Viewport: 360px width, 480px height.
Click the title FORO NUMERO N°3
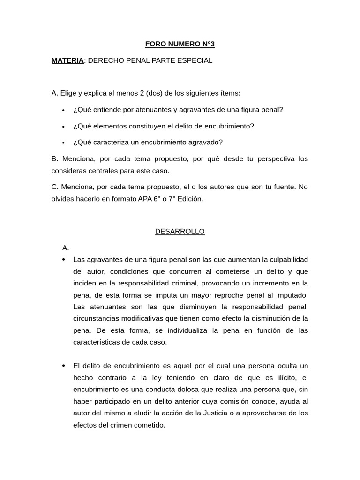pyautogui.click(x=180, y=44)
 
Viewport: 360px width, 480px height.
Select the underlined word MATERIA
pyautogui.click(x=67, y=60)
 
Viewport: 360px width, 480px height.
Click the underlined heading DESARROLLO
pyautogui.click(x=180, y=232)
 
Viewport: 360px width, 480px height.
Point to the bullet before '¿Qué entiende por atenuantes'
pyautogui.click(x=63, y=110)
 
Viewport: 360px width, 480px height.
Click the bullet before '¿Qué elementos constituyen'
pyautogui.click(x=63, y=127)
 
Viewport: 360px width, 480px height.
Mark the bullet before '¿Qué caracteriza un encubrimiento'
pyautogui.click(x=63, y=143)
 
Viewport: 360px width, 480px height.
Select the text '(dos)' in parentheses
pyautogui.click(x=154, y=93)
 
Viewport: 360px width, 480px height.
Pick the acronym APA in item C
pyautogui.click(x=145, y=199)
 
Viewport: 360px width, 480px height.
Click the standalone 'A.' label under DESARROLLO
pyautogui.click(x=66, y=247)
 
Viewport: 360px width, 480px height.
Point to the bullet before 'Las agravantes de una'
pyautogui.click(x=63, y=260)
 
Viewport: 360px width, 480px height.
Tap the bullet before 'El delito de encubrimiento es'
pyautogui.click(x=63, y=366)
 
